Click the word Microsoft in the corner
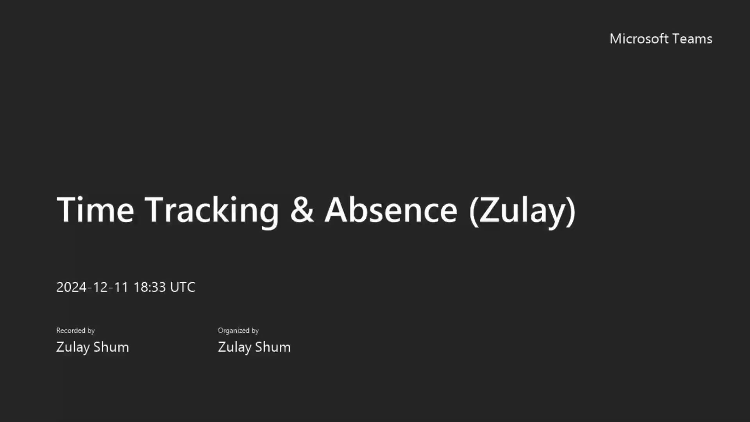click(x=639, y=39)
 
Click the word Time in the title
click(x=95, y=210)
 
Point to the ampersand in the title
click(x=302, y=210)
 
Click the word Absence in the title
click(x=391, y=210)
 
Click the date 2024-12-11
click(x=92, y=287)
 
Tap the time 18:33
click(x=150, y=287)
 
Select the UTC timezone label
click(x=183, y=287)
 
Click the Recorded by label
click(x=75, y=331)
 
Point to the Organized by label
click(x=238, y=331)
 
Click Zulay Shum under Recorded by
click(x=93, y=347)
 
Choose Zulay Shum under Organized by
click(x=254, y=347)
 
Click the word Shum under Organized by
click(x=273, y=347)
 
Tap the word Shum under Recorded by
click(x=111, y=347)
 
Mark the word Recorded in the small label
click(x=71, y=331)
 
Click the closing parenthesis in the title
click(x=571, y=211)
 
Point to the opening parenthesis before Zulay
click(x=474, y=211)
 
